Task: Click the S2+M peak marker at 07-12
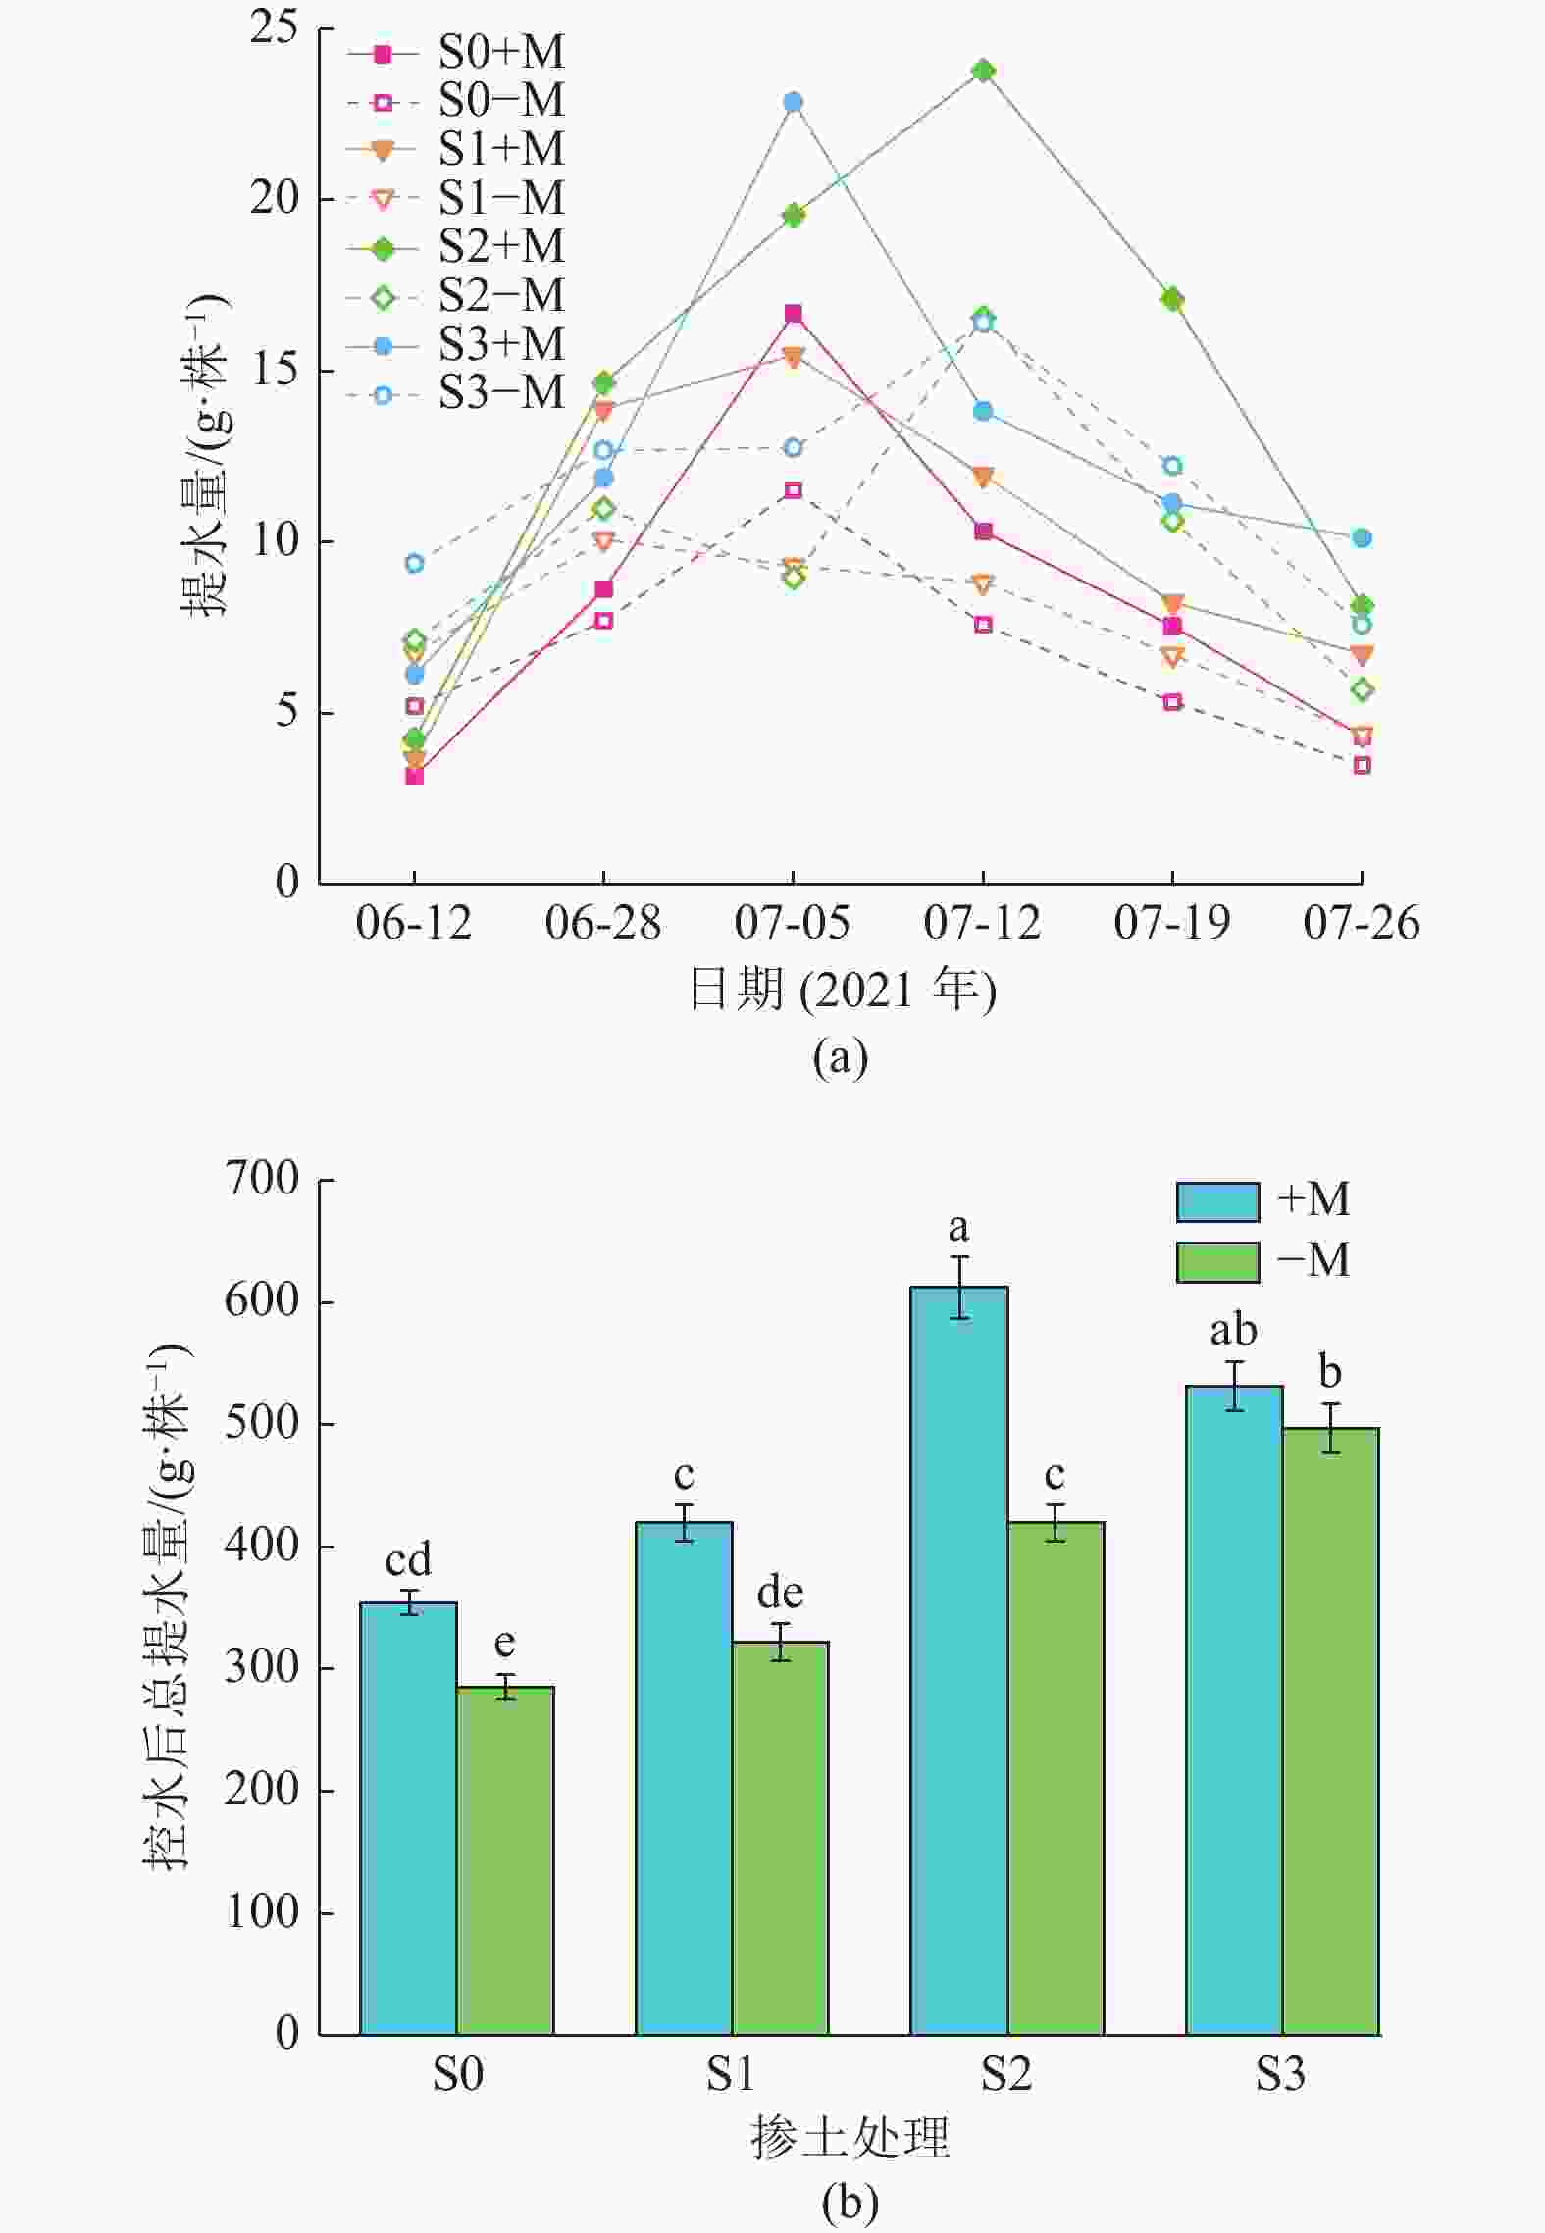pyautogui.click(x=983, y=71)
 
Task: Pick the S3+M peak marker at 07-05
pyautogui.click(x=794, y=102)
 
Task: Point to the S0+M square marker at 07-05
pyautogui.click(x=794, y=314)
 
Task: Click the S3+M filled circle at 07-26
pyautogui.click(x=1362, y=537)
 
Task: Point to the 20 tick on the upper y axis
pyautogui.click(x=274, y=199)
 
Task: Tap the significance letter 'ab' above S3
pyautogui.click(x=1233, y=1331)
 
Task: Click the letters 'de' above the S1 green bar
pyautogui.click(x=780, y=1593)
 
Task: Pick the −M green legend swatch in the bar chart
pyautogui.click(x=1217, y=1262)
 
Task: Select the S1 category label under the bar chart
pyautogui.click(x=732, y=2074)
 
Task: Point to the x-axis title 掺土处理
pyautogui.click(x=850, y=2138)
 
